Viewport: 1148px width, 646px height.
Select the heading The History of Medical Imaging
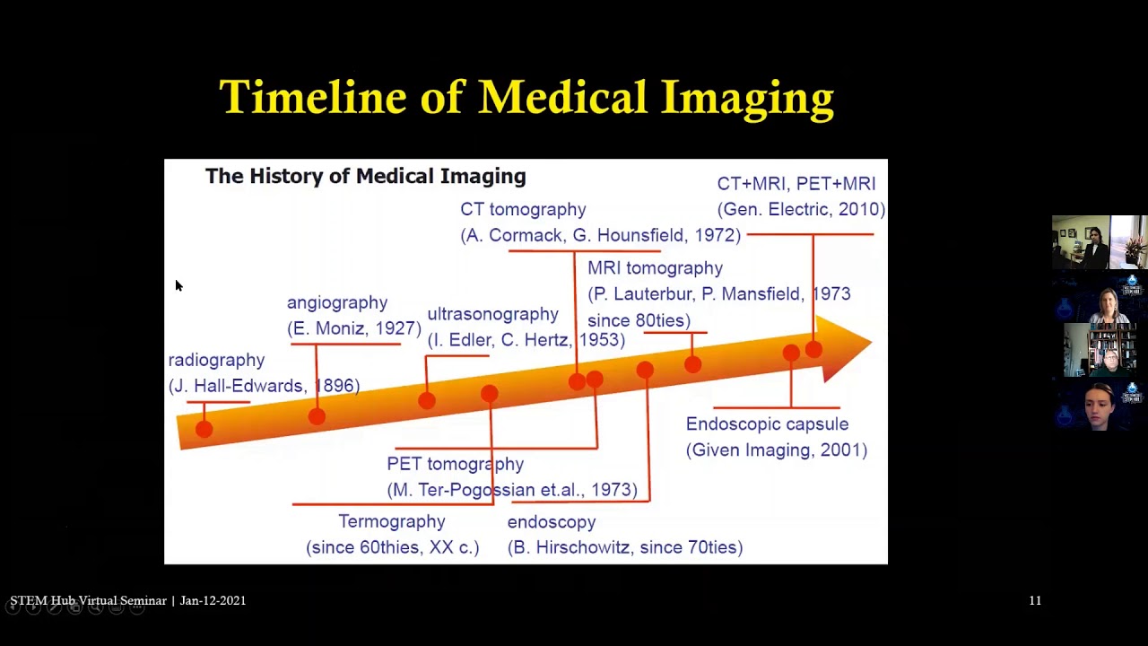coord(365,176)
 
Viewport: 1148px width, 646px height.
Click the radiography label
coord(216,360)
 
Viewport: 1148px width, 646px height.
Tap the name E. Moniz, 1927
coord(353,328)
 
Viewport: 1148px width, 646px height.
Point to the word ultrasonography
coord(492,314)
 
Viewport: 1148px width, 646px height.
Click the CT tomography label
coord(523,209)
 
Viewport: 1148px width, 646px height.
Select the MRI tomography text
coord(655,268)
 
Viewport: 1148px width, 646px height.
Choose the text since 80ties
coord(639,320)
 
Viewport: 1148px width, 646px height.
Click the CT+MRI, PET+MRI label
coord(796,183)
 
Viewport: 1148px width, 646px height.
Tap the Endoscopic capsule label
coord(767,424)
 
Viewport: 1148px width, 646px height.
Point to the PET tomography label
coord(455,464)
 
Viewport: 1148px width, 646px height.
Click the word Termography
coord(391,521)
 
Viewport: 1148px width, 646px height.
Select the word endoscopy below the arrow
coord(551,522)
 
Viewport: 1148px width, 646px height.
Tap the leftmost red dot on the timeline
coord(204,429)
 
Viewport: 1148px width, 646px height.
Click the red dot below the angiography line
coord(317,415)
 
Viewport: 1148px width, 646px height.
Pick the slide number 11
coord(1035,600)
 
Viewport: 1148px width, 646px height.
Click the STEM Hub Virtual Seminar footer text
coord(88,600)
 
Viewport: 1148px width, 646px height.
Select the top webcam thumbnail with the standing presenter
coord(1099,242)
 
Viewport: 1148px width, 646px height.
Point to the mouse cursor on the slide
coord(178,285)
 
